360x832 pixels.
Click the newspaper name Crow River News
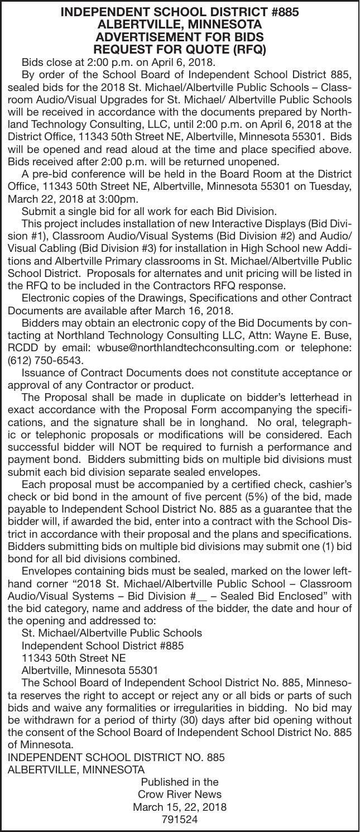coord(179,794)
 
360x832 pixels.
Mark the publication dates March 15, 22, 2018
coord(179,807)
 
